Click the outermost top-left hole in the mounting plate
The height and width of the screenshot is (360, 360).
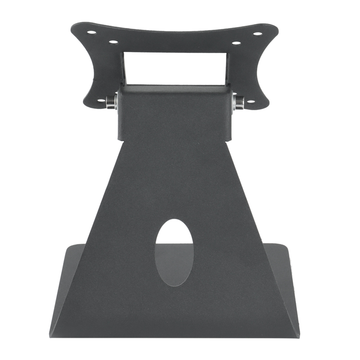point(91,32)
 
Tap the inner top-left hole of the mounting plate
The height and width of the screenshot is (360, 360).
point(113,42)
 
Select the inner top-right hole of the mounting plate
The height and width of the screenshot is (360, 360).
point(236,43)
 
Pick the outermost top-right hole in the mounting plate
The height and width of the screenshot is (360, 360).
point(257,33)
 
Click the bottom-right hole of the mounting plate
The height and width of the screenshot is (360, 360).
point(250,101)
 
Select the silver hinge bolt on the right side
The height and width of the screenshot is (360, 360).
point(239,103)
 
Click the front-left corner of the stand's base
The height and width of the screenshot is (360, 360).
point(50,335)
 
